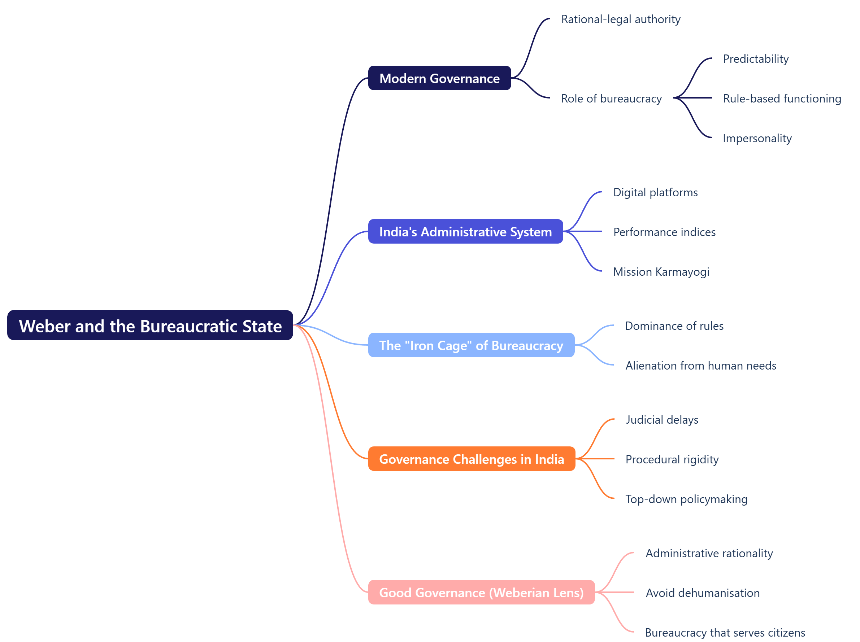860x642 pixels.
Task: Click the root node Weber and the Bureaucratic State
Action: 150,325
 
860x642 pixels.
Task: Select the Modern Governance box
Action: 439,78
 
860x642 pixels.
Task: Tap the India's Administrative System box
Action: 465,232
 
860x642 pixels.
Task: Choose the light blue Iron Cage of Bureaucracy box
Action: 471,345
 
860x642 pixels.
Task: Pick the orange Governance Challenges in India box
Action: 472,459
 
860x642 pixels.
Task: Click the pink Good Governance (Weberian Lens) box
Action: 481,592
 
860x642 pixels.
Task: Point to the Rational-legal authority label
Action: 621,19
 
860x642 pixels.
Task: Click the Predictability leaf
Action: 755,59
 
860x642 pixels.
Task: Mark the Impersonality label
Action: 757,138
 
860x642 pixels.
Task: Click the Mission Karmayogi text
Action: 661,272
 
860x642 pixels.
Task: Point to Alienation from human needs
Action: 700,365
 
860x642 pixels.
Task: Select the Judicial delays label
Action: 662,420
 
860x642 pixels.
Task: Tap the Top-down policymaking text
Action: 686,499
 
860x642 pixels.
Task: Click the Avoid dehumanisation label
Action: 703,593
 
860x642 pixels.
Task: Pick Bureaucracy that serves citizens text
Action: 725,632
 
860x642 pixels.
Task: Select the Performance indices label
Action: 664,232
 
